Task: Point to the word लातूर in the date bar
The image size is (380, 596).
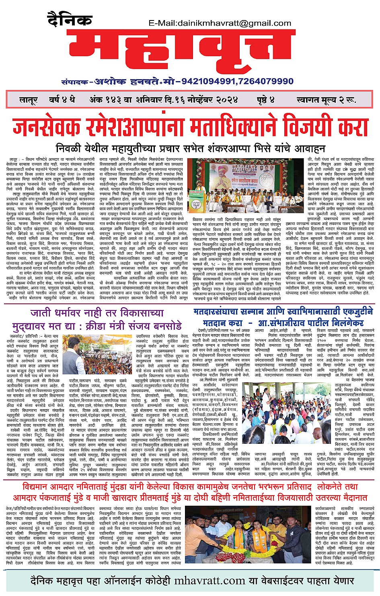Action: [29, 100]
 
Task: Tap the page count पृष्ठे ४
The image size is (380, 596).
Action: [266, 100]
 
